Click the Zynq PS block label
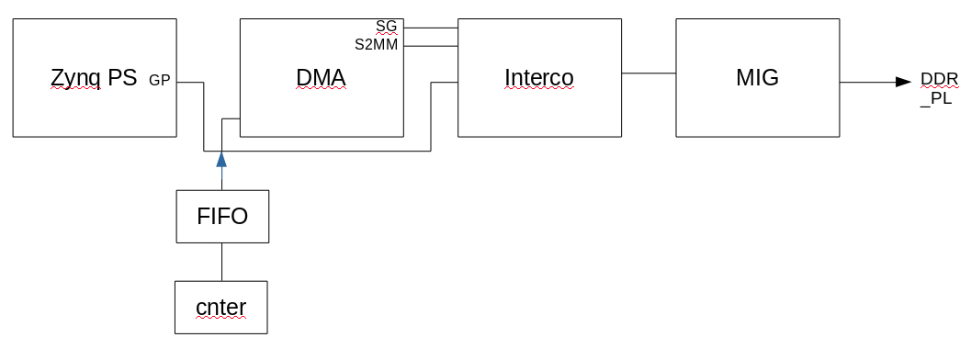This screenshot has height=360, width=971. point(94,78)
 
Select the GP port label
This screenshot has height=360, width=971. point(160,81)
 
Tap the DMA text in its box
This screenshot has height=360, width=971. point(321,78)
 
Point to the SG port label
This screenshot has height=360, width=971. point(387,28)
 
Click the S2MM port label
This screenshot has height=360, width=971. point(377,44)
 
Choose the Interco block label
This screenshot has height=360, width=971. point(539,78)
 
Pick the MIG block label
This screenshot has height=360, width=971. point(757,78)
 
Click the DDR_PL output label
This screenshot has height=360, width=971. point(940,88)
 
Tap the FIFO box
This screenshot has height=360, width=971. point(222,217)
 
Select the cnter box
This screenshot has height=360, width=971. point(221,307)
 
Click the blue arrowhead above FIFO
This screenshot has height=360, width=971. point(221,160)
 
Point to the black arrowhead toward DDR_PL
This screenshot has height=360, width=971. point(904,82)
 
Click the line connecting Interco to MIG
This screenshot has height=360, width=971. point(649,73)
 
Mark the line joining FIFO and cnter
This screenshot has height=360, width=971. point(221,262)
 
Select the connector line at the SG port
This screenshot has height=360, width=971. point(430,28)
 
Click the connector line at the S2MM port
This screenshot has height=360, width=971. point(430,44)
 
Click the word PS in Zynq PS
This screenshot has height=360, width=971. point(122,78)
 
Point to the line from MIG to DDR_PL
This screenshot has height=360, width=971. point(868,82)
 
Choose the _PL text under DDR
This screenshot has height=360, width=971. point(936,98)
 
